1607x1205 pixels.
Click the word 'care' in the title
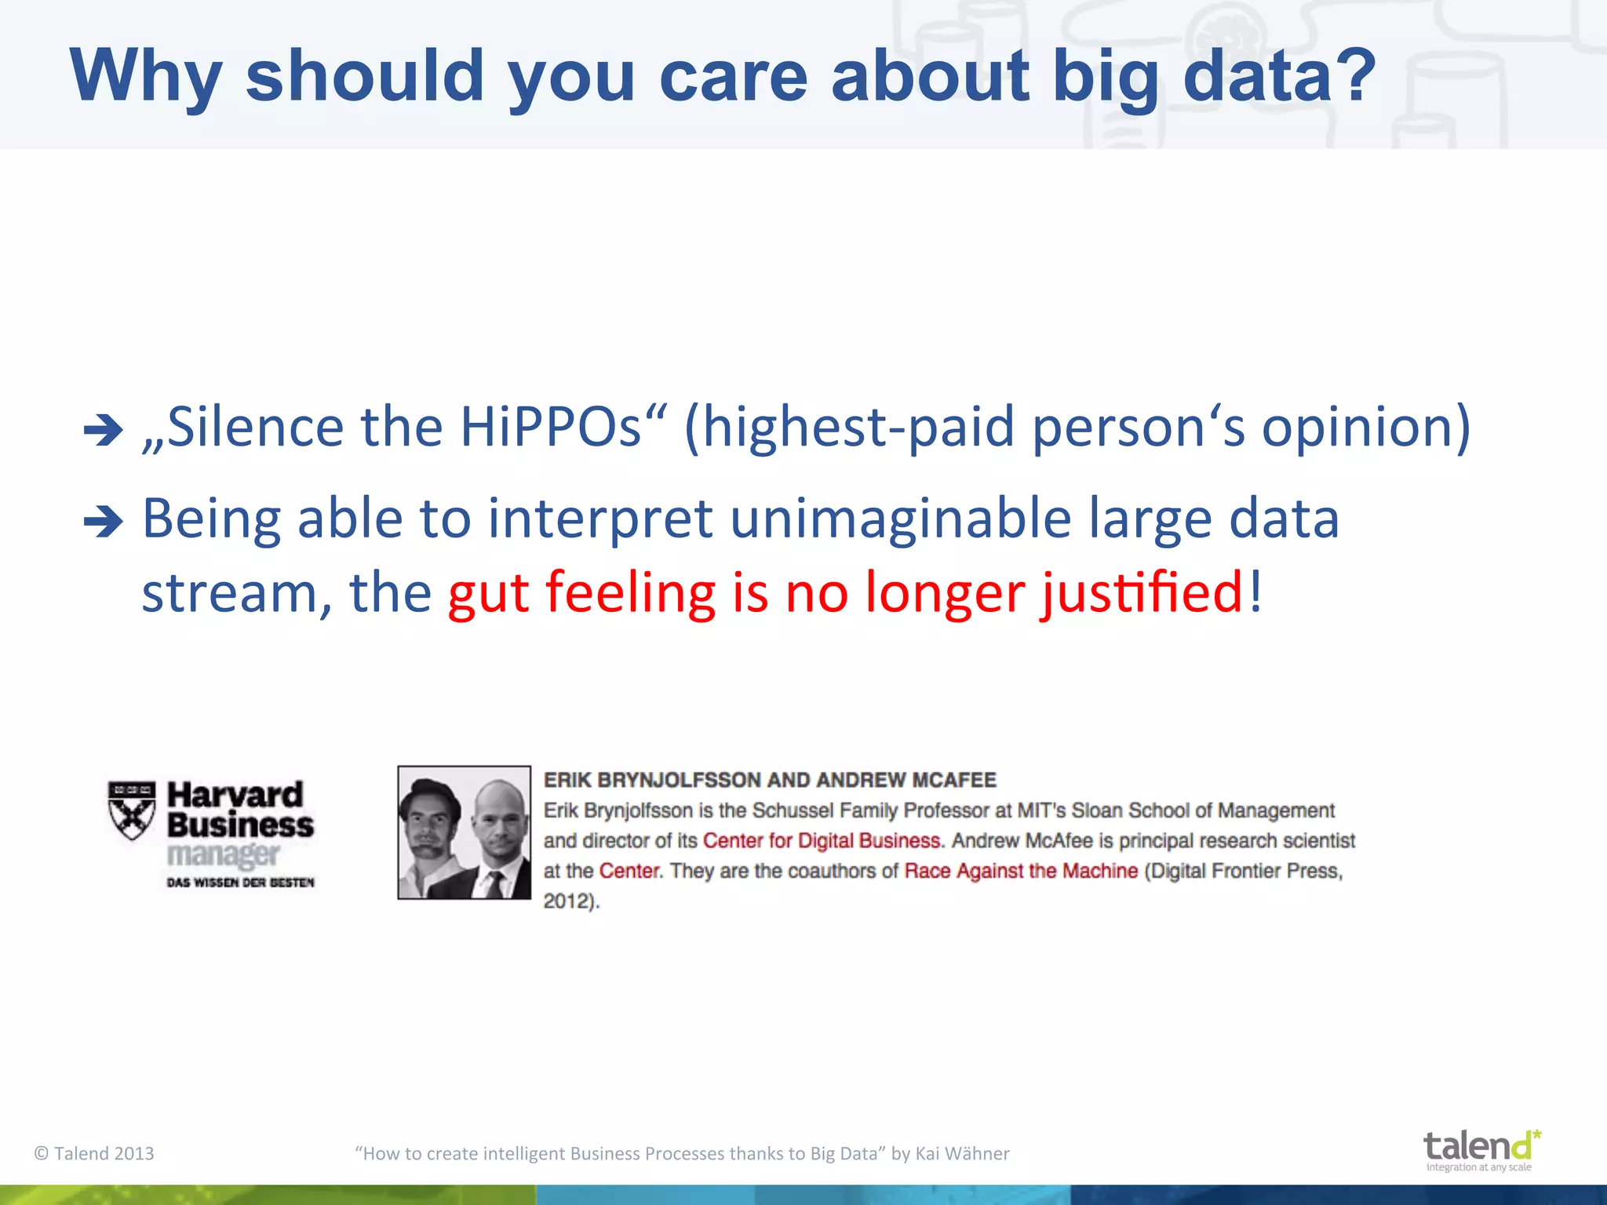tap(733, 76)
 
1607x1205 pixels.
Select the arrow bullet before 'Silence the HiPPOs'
tap(103, 430)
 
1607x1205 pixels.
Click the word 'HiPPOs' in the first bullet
tap(550, 428)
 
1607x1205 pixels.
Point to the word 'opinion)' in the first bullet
tap(1365, 428)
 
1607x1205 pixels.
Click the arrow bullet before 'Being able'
tap(103, 522)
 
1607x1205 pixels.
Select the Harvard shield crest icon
tap(132, 810)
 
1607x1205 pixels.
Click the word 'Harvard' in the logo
tap(235, 795)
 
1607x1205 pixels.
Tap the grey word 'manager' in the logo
tap(223, 854)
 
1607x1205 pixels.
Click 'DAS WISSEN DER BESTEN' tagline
tap(240, 883)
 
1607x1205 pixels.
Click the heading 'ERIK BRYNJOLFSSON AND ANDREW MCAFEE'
tap(770, 780)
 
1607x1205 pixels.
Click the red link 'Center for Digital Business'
tap(821, 840)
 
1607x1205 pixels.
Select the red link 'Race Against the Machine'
tap(1020, 871)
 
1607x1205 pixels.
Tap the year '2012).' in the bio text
tap(571, 901)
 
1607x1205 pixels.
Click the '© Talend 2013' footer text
tap(94, 1153)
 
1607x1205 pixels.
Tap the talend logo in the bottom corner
tap(1480, 1149)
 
